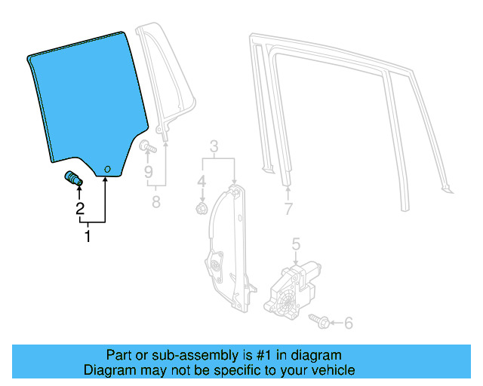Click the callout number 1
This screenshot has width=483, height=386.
pyautogui.click(x=88, y=237)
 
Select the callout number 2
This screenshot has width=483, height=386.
pyautogui.click(x=79, y=210)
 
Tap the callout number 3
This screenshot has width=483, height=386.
pyautogui.click(x=214, y=146)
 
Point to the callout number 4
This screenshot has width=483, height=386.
pyautogui.click(x=202, y=181)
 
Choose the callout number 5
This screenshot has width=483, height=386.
pyautogui.click(x=296, y=243)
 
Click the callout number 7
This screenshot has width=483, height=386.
pyautogui.click(x=288, y=209)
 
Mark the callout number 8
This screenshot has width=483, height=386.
pyautogui.click(x=156, y=201)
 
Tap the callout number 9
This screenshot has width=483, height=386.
pyautogui.click(x=148, y=172)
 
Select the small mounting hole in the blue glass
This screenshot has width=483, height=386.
pyautogui.click(x=107, y=169)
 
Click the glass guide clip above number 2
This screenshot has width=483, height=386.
pyautogui.click(x=73, y=179)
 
